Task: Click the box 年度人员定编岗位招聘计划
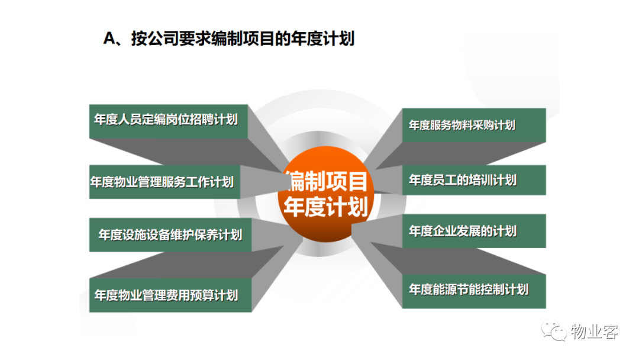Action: pos(168,121)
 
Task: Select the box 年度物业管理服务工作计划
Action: pos(164,182)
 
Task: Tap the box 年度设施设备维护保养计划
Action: pos(170,235)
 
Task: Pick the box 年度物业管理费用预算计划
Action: pos(170,295)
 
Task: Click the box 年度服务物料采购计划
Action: pos(474,125)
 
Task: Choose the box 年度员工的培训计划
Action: pos(474,180)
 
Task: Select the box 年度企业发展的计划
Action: pos(474,231)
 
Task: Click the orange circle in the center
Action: pos(325,194)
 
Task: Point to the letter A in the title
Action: pos(109,38)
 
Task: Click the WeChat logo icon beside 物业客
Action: pos(554,330)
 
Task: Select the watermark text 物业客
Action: pos(595,332)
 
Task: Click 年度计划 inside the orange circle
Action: pos(326,206)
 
